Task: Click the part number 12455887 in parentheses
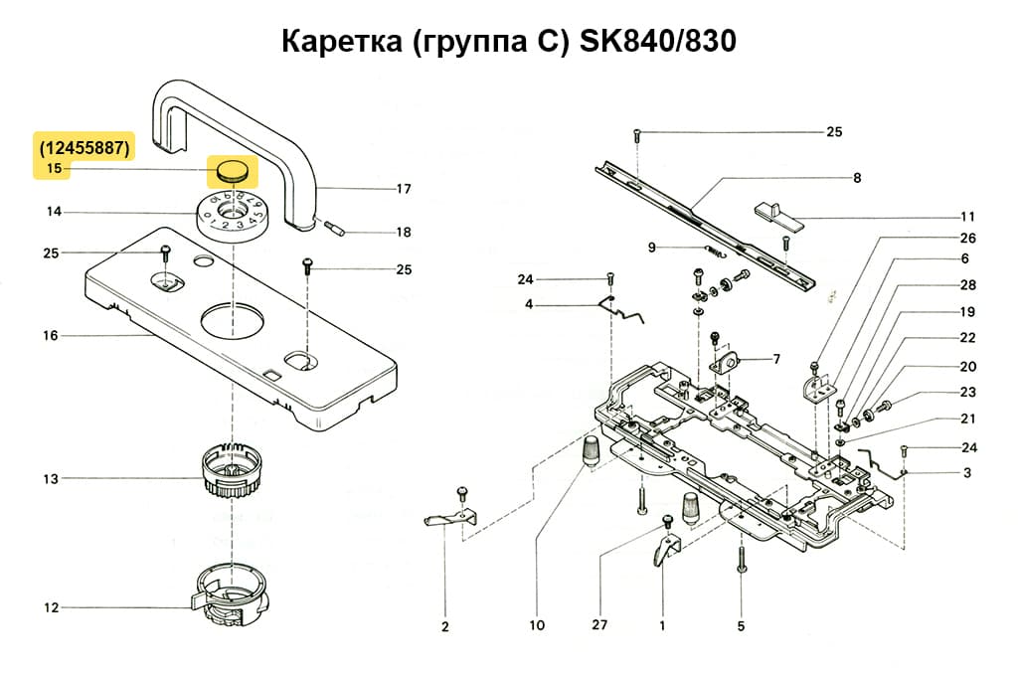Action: coord(85,148)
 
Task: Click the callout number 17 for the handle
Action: coord(404,189)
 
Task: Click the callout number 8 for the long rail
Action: coord(856,179)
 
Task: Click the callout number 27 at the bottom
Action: coord(598,626)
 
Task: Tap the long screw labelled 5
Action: coord(742,561)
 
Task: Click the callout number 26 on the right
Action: coord(967,239)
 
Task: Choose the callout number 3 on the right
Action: coord(967,473)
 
